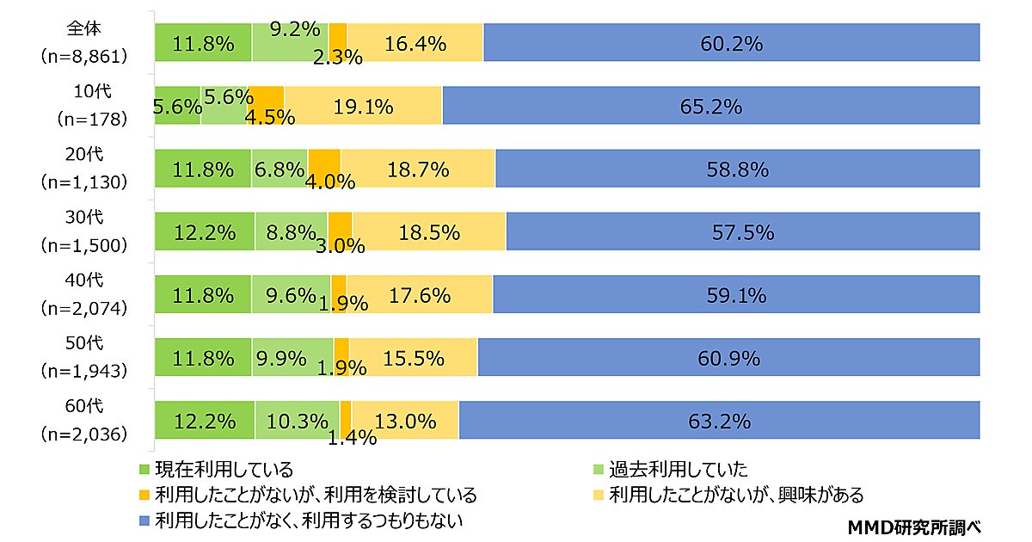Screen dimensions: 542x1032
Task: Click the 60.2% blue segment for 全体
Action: pos(732,43)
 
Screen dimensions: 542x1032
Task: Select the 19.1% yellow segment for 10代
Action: pos(363,106)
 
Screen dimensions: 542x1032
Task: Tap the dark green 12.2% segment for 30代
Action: pos(205,231)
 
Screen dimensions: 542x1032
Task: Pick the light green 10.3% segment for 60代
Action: pos(297,421)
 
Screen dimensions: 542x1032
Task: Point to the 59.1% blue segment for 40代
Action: pos(736,295)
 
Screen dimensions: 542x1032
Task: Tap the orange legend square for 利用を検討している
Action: pos(144,496)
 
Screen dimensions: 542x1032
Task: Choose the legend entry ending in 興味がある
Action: pos(735,496)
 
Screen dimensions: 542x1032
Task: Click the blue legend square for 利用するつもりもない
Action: pos(144,520)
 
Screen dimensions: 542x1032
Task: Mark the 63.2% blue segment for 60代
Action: pos(720,421)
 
